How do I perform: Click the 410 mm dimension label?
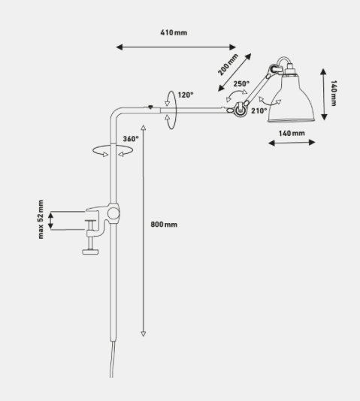tap(174, 33)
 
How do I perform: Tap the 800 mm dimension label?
tap(164, 225)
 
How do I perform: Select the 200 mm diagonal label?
tap(228, 65)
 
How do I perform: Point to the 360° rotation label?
tap(131, 139)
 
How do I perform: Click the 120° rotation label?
tap(186, 95)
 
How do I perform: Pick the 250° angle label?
tap(241, 83)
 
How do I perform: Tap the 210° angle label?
tap(259, 110)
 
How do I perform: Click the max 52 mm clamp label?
tap(41, 219)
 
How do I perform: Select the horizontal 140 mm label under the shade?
tap(292, 133)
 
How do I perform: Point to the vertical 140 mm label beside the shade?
tap(334, 93)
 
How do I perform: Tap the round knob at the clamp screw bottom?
tap(90, 252)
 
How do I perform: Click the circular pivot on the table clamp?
tap(113, 213)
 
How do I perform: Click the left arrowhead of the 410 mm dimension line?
tap(119, 47)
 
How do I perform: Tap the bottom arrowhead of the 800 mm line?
tap(144, 333)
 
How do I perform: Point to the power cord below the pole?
tap(112, 359)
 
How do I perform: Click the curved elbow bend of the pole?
tap(116, 113)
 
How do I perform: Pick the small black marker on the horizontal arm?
tap(150, 107)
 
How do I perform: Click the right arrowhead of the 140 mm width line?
tap(312, 143)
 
